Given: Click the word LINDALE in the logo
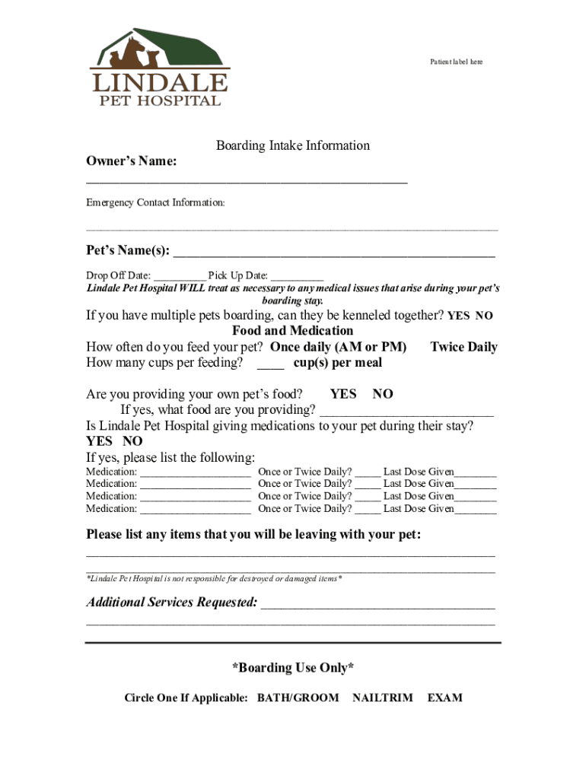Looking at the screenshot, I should (158, 82).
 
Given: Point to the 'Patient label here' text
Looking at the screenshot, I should (456, 62).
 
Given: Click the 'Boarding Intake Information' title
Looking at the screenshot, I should (292, 145).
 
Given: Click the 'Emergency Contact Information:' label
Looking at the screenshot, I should (155, 203).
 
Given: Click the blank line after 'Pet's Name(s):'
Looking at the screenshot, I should (335, 253).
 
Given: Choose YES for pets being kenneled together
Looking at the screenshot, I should (458, 316).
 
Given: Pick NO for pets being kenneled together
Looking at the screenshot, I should (484, 316).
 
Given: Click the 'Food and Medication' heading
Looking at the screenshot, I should (292, 331).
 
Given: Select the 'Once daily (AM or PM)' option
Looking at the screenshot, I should (339, 347).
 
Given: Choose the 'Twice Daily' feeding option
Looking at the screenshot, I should (463, 347).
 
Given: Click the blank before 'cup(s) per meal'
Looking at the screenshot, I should (270, 363).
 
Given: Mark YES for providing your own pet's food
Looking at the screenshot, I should (343, 394).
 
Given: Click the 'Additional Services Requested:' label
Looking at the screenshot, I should (172, 603).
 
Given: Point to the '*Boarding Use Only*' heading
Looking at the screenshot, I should (292, 668).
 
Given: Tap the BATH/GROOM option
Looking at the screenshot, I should (298, 698).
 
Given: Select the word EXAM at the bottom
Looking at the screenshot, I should (444, 698).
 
